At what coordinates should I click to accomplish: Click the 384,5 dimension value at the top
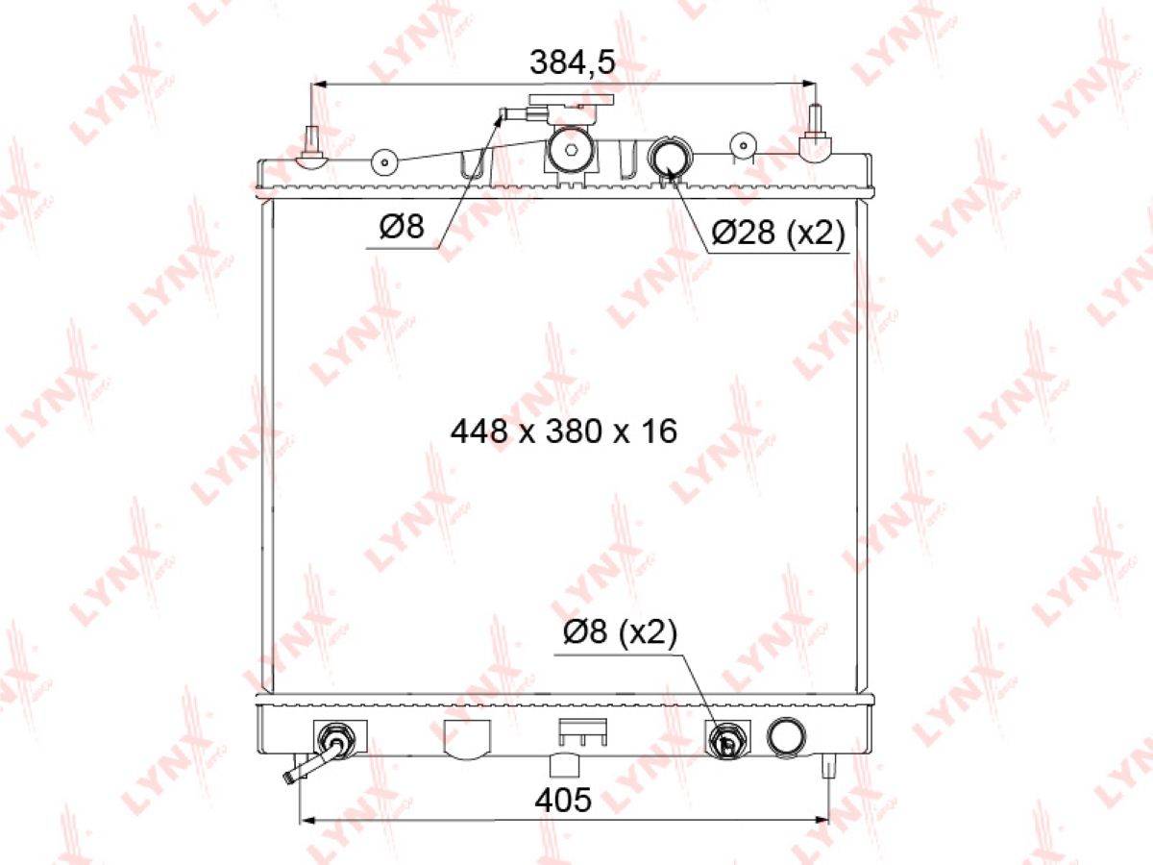point(572,63)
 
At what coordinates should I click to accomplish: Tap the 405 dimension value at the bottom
point(563,800)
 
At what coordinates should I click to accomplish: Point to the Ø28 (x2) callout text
point(778,232)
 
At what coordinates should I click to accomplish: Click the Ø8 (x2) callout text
point(620,632)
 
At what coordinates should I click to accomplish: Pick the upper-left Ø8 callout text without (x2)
point(402,227)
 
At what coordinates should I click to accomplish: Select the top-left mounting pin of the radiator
point(312,148)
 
